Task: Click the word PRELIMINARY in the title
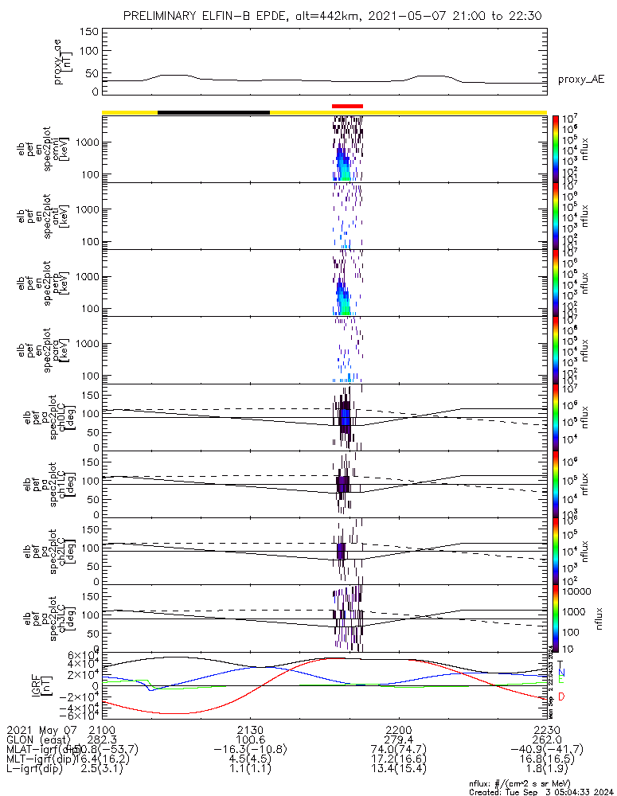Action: [162, 17]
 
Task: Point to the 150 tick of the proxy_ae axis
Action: [89, 32]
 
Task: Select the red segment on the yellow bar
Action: [347, 106]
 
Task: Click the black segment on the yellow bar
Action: [213, 112]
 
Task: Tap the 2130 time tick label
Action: [250, 730]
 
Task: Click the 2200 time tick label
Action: [398, 730]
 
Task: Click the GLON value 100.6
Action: [250, 739]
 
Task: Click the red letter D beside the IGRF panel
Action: [561, 697]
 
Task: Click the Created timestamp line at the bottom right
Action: [541, 791]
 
